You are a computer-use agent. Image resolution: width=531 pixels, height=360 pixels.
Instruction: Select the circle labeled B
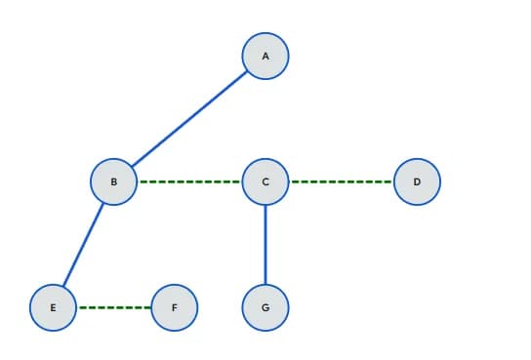coord(114,181)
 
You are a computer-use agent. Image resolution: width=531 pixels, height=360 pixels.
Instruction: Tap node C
coord(265,181)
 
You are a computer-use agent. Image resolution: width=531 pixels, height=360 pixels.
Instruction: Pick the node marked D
coord(417,181)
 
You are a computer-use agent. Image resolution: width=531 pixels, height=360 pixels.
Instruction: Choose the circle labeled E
coord(54,307)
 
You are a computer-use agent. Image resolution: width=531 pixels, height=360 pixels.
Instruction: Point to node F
coord(175,307)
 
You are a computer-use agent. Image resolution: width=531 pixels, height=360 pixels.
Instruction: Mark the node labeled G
coord(265,307)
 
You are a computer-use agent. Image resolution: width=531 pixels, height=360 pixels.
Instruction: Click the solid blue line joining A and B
coord(190,119)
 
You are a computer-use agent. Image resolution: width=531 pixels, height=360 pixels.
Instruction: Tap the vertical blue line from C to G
coord(265,244)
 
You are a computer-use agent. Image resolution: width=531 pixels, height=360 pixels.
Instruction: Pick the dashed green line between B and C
coord(189,181)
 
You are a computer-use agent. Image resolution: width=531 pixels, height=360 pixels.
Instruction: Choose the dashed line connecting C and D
coord(342,181)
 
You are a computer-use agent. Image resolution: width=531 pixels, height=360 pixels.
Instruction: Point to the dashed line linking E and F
coord(114,307)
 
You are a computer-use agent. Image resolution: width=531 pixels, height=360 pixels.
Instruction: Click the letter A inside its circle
coord(265,57)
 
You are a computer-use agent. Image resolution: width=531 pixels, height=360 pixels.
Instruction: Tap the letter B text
coord(114,181)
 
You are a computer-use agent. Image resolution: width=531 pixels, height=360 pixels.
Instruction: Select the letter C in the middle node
coord(265,181)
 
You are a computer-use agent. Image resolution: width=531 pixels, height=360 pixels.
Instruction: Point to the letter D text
coord(417,181)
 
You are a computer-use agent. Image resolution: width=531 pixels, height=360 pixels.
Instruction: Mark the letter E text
coord(54,307)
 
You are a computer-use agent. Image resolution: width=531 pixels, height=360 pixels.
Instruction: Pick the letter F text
coord(175,307)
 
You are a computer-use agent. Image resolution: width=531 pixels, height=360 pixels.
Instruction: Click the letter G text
coord(265,307)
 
